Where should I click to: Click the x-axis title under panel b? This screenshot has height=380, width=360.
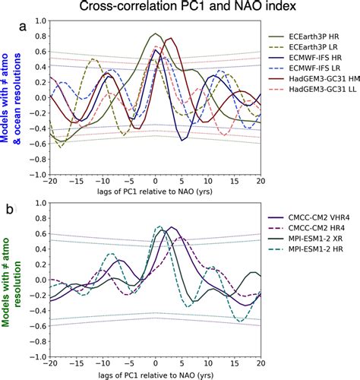[155, 373]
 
